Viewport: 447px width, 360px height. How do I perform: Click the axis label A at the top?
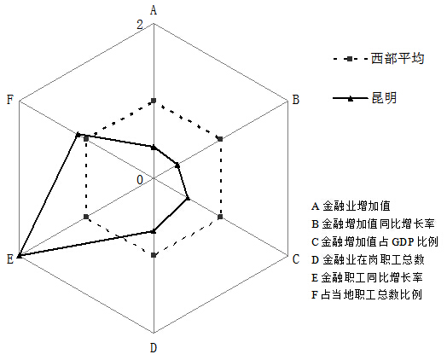pos(154,10)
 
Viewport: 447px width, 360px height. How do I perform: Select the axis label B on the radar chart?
pos(296,100)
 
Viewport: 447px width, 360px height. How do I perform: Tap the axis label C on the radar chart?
pos(296,259)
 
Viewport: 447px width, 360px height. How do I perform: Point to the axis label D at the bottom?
pos(154,348)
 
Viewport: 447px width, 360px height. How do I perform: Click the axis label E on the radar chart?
pos(10,259)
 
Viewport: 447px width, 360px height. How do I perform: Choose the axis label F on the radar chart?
pos(10,100)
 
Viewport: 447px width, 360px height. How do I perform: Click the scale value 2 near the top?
pos(140,25)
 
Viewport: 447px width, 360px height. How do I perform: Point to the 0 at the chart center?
pos(140,180)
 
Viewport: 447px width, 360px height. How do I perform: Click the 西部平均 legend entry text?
pos(398,59)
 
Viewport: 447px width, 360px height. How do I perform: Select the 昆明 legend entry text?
pos(384,98)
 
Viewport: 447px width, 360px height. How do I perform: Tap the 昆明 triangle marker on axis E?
pos(19,256)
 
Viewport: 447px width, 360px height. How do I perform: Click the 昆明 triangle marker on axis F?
pos(78,135)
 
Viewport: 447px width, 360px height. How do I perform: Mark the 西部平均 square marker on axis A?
pos(154,101)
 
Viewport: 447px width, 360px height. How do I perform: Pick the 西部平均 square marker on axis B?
pos(220,139)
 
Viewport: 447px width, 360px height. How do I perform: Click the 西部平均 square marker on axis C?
pos(220,218)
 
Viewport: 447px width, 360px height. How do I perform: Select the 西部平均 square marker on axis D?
pos(154,255)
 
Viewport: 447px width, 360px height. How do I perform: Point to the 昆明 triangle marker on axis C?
pos(188,198)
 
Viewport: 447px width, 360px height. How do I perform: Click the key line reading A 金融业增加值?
pos(351,206)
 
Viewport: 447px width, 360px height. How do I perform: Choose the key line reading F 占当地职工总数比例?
pos(367,294)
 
